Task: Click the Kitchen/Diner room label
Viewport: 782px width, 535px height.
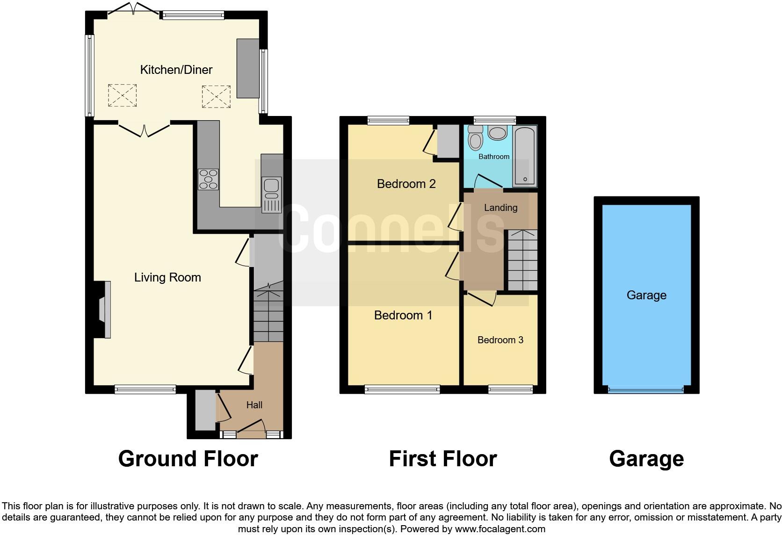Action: [x=176, y=70]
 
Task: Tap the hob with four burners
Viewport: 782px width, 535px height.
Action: [x=208, y=179]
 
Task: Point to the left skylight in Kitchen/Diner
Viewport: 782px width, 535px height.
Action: [x=123, y=95]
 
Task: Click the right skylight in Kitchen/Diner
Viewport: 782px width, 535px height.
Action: [x=216, y=96]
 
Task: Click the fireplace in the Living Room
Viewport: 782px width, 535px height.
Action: [x=103, y=309]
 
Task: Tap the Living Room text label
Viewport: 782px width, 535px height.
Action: [x=167, y=277]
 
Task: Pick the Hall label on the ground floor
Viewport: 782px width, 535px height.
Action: [x=254, y=405]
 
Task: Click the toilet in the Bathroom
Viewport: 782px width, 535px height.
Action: [x=476, y=138]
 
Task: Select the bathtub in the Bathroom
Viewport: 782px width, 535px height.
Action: [x=525, y=156]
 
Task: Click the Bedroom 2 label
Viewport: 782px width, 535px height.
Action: [x=406, y=184]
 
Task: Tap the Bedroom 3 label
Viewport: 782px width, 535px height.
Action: [x=500, y=340]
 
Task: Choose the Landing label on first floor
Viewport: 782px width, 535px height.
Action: [x=500, y=208]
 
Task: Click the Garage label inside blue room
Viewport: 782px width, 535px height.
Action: [x=646, y=295]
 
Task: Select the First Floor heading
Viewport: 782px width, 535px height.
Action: [x=442, y=459]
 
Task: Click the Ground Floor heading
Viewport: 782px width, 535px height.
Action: [x=188, y=459]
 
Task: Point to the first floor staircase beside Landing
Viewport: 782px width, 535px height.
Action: [x=522, y=260]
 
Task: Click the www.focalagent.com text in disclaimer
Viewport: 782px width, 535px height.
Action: [x=500, y=529]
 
